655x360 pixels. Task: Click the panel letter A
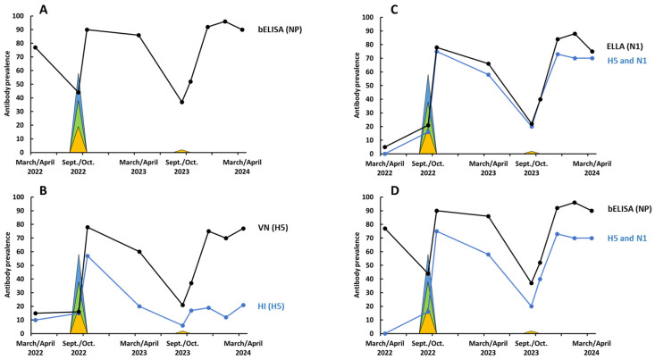pyautogui.click(x=44, y=9)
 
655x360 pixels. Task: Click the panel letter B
pyautogui.click(x=43, y=191)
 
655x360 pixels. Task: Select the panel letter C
pyautogui.click(x=394, y=10)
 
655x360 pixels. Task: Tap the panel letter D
pyautogui.click(x=394, y=191)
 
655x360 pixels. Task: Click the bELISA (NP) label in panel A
pyautogui.click(x=280, y=29)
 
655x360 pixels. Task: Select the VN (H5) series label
pyautogui.click(x=273, y=228)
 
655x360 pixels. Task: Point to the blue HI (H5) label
pyautogui.click(x=271, y=306)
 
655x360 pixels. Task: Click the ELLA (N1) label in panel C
pyautogui.click(x=625, y=46)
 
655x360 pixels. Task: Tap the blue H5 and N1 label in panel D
pyautogui.click(x=627, y=239)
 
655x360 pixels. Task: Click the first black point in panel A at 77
pyautogui.click(x=36, y=47)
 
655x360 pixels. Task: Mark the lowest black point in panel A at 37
pyautogui.click(x=181, y=102)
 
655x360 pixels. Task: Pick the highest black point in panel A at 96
pyautogui.click(x=225, y=21)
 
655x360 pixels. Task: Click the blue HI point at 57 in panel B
pyautogui.click(x=87, y=255)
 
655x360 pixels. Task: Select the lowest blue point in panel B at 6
pyautogui.click(x=182, y=325)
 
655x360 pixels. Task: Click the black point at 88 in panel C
pyautogui.click(x=575, y=34)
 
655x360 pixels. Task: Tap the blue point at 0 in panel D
pyautogui.click(x=385, y=333)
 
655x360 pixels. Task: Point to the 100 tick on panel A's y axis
pyautogui.click(x=20, y=16)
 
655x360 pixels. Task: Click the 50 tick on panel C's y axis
pyautogui.click(x=370, y=86)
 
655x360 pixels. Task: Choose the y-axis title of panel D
pyautogui.click(x=357, y=265)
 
